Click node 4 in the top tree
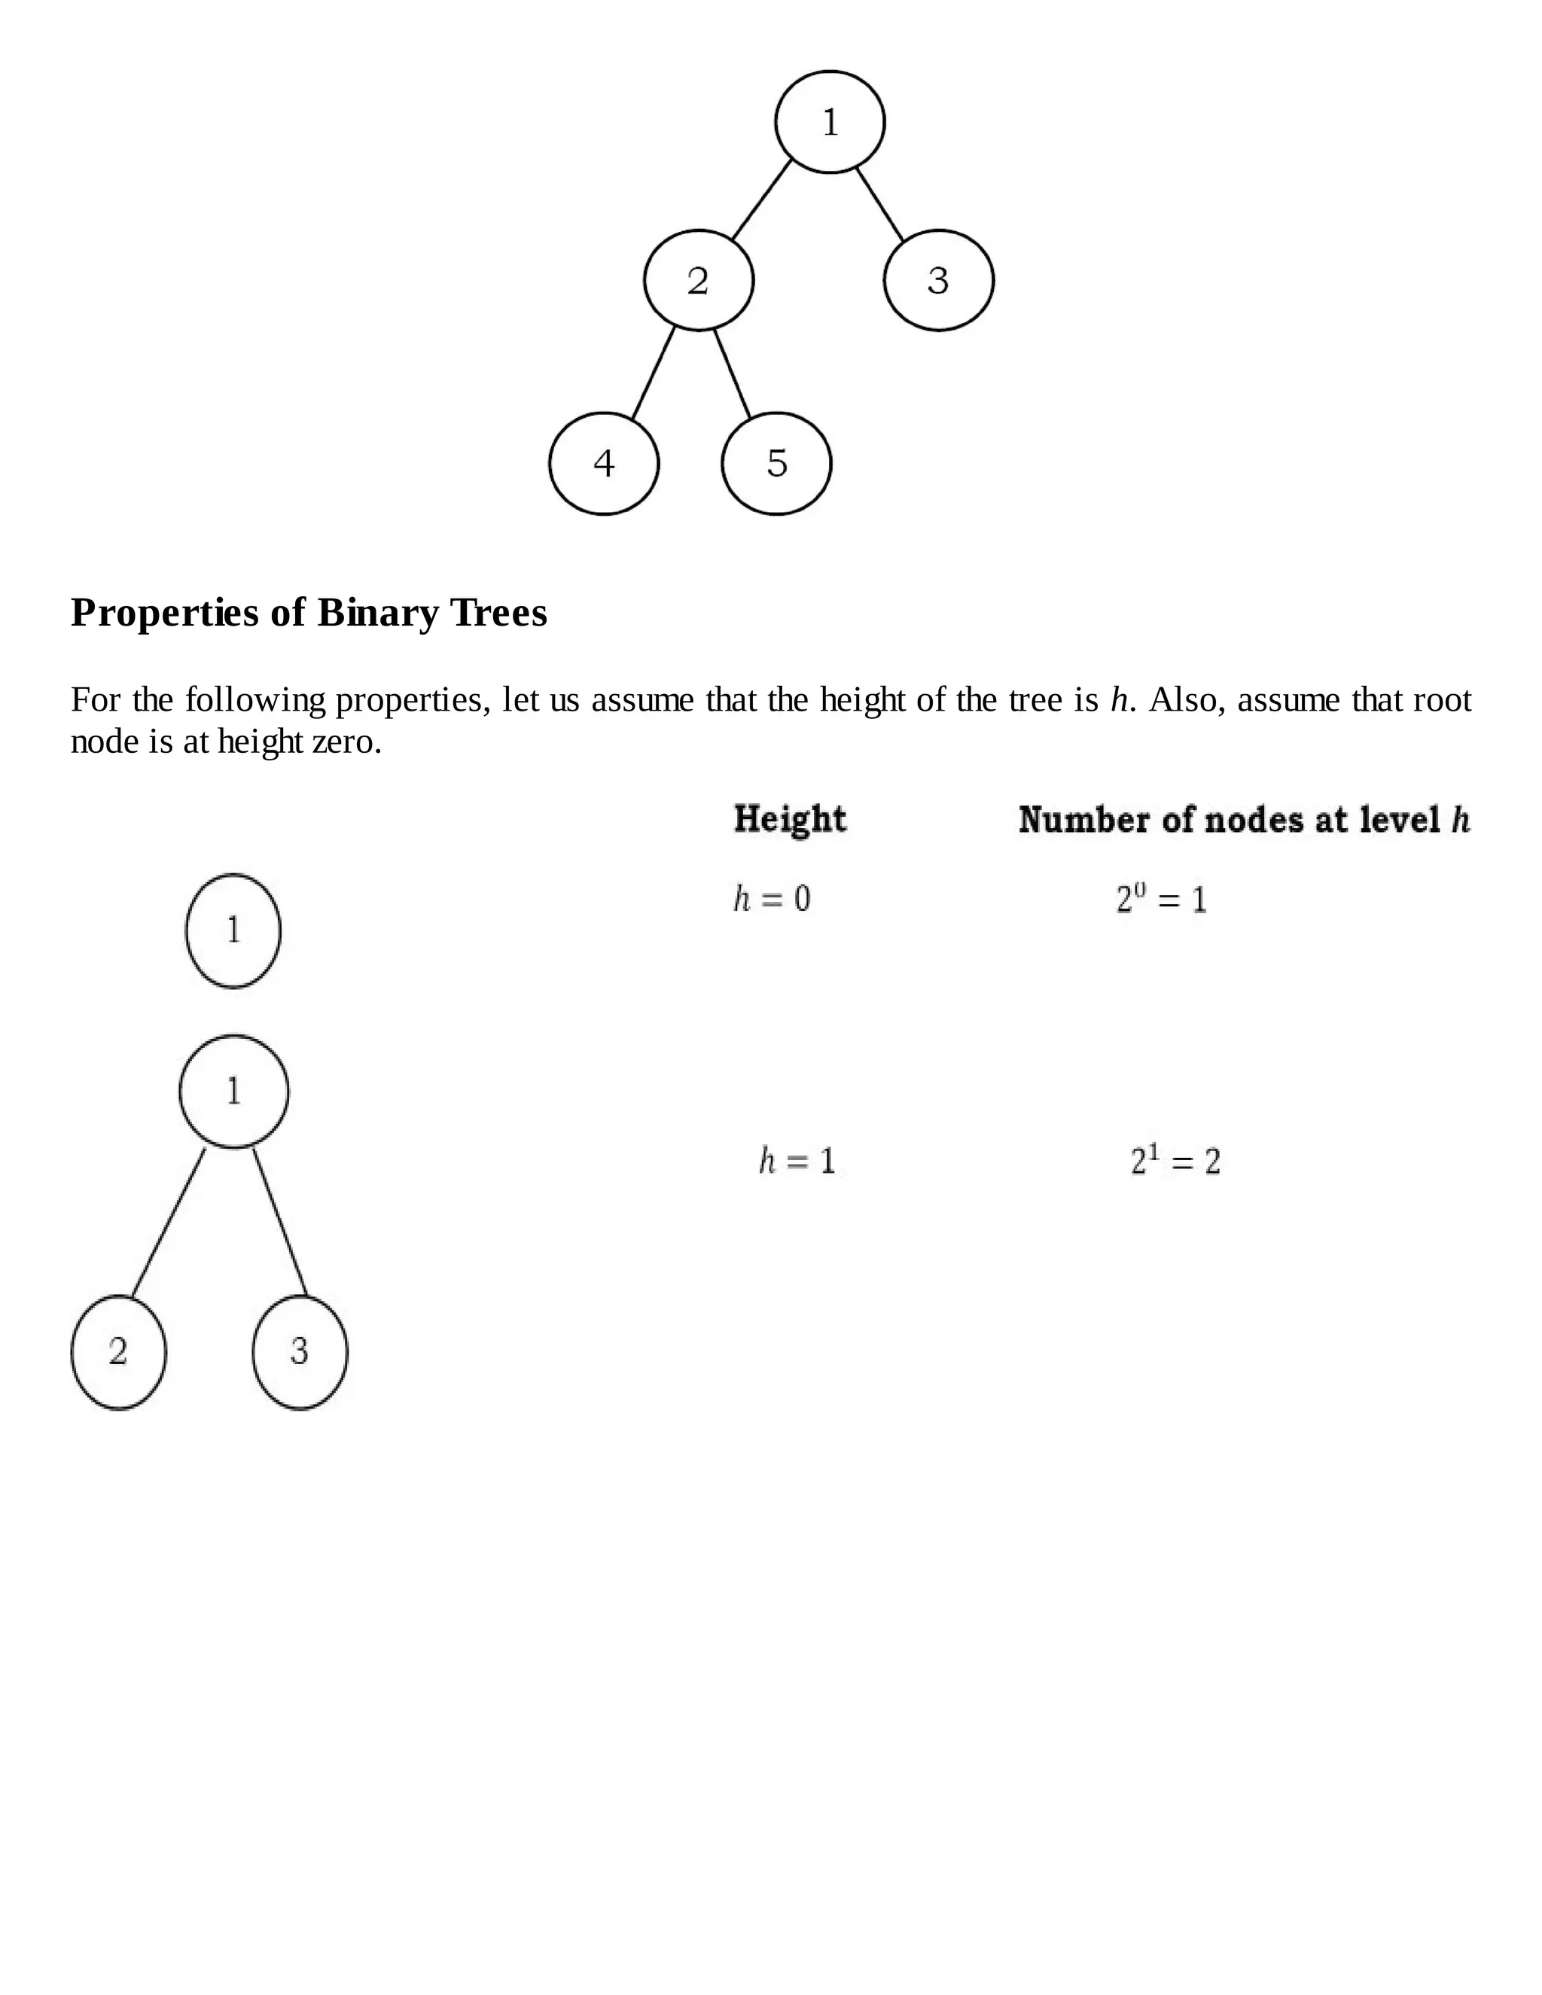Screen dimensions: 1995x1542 [604, 463]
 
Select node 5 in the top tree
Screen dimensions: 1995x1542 [776, 463]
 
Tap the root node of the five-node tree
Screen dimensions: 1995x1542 [830, 121]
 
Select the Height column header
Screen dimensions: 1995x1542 [790, 818]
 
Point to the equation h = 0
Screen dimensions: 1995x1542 [772, 899]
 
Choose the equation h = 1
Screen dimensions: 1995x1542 [797, 1161]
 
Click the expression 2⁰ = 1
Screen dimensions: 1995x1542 [1161, 900]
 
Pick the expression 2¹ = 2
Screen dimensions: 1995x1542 [1175, 1161]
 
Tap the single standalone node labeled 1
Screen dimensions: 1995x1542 [233, 930]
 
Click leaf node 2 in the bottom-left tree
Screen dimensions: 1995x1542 [119, 1352]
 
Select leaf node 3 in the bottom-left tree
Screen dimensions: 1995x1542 [300, 1352]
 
